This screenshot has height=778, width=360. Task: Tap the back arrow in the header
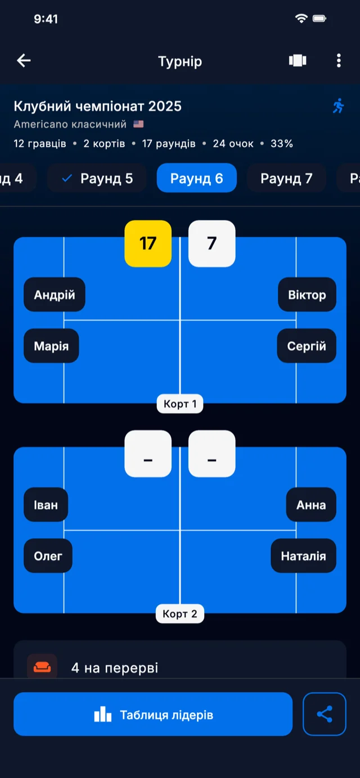point(24,61)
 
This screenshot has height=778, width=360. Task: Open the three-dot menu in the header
point(339,61)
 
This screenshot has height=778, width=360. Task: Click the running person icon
point(338,106)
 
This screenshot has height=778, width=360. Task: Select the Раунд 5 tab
point(97,178)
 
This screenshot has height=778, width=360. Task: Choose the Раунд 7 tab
point(286,178)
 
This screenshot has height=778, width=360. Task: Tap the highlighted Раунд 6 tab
point(197,178)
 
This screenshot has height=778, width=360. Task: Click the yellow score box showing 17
point(148,243)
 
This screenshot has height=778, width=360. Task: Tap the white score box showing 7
point(211,243)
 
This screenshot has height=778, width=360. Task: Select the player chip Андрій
point(55,295)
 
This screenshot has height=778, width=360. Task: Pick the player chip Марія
point(51,346)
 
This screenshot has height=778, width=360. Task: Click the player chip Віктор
point(307,295)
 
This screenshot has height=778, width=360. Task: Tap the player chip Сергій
point(307,346)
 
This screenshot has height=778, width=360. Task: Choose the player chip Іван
point(46,505)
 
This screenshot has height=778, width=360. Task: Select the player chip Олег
point(48,556)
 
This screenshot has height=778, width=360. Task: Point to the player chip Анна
point(311,505)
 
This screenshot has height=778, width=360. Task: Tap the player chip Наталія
point(303,556)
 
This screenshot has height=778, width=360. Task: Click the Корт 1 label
point(180,404)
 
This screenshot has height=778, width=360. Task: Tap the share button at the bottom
point(325,714)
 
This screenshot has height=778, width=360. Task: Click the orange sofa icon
point(42,668)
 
